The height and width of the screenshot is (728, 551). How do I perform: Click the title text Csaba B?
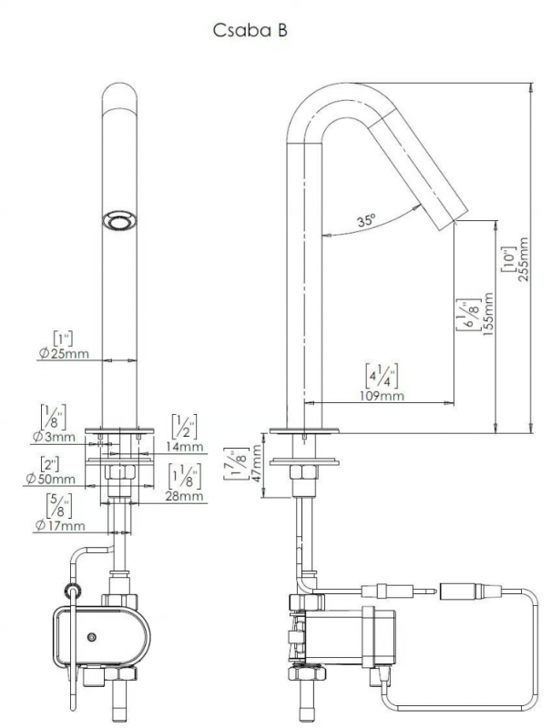[250, 30]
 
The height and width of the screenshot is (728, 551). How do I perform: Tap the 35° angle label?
[366, 219]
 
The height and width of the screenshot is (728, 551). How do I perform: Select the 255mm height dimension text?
[523, 259]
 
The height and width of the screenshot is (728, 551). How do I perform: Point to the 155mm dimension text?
[487, 314]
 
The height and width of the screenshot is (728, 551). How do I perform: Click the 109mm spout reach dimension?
[382, 396]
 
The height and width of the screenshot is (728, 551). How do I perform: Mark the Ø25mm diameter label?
[64, 354]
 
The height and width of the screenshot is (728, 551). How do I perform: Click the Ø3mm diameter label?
[54, 437]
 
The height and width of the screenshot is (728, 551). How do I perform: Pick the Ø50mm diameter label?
[51, 479]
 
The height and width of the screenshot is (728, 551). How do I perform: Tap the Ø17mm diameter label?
[60, 526]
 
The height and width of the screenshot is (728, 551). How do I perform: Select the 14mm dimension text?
[185, 447]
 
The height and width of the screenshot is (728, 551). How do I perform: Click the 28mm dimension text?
[185, 496]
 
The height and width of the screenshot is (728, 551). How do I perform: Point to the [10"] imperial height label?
[508, 259]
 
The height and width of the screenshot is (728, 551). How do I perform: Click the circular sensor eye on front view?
[119, 220]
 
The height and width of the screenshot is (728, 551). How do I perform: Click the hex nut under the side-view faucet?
[304, 472]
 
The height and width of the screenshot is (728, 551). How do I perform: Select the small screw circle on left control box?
[93, 637]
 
